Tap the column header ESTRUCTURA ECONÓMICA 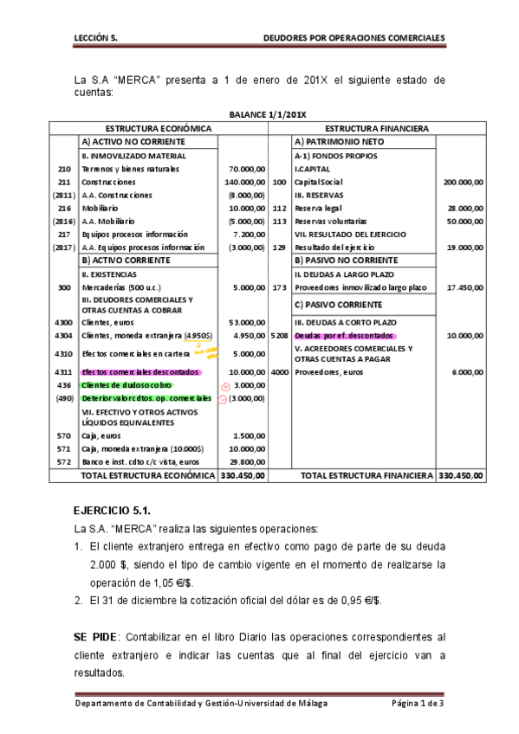(x=159, y=128)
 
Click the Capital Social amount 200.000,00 (x=463, y=183)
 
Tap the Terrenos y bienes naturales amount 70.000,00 (x=246, y=170)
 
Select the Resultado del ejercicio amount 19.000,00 (x=464, y=248)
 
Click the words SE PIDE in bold (x=96, y=635)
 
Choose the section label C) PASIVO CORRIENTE (x=339, y=305)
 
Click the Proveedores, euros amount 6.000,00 (x=466, y=372)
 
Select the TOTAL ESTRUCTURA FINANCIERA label (x=366, y=475)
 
